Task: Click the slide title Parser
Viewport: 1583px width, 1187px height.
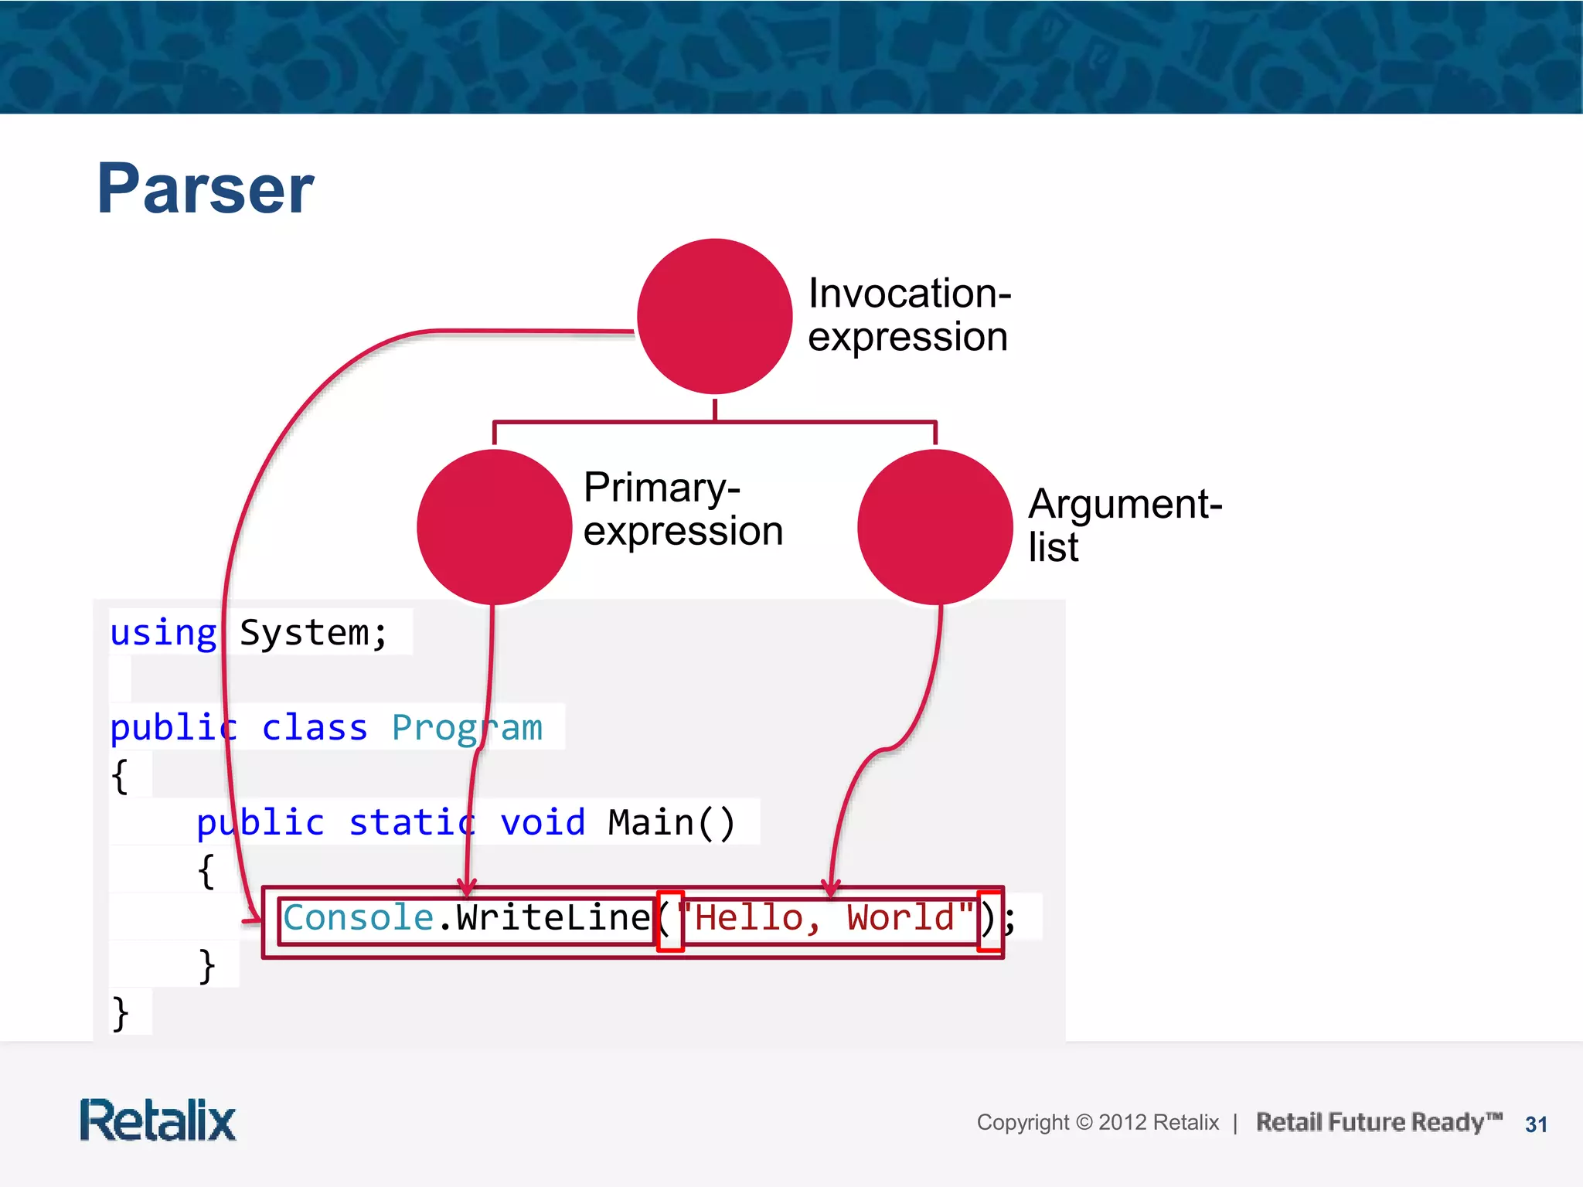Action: point(205,189)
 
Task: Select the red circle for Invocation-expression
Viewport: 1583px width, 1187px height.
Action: point(714,316)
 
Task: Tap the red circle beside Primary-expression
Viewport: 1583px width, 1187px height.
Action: point(494,527)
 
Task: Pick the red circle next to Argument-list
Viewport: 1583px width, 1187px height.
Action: point(934,527)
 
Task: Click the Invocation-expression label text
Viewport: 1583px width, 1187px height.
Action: point(909,315)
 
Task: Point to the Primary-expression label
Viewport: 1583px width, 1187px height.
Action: point(683,508)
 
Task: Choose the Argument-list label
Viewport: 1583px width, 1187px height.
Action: point(1124,525)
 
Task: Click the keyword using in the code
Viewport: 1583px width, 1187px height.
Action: point(163,633)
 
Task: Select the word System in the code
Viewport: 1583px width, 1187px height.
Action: point(304,633)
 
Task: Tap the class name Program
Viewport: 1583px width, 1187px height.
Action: point(467,728)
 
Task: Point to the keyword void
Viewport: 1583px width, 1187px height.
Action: point(543,822)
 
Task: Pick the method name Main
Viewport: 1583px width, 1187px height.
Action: point(651,822)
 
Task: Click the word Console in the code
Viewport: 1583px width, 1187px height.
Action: point(358,918)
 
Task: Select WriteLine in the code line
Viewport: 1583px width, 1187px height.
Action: point(553,918)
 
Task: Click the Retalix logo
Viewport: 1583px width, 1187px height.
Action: point(158,1121)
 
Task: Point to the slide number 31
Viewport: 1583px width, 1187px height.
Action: point(1536,1124)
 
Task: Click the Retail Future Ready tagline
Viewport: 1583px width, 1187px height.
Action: point(1378,1122)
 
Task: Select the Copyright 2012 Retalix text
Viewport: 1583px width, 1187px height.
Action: point(1097,1122)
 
